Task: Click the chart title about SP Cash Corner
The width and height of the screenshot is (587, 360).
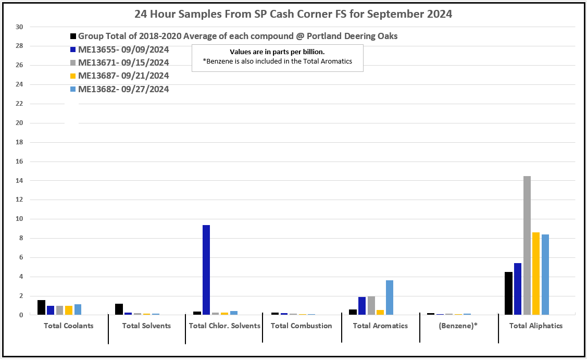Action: (x=293, y=14)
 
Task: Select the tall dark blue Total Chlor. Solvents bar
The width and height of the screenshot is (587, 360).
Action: (x=206, y=270)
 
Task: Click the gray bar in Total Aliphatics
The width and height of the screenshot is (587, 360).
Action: (x=527, y=245)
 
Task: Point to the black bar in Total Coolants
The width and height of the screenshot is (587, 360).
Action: (x=41, y=307)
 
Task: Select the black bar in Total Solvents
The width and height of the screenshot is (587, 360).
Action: (x=119, y=309)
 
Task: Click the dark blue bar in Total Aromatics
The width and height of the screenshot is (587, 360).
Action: (x=362, y=306)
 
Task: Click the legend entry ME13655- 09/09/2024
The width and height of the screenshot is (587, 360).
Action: (x=123, y=50)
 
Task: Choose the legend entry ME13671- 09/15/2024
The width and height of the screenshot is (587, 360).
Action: (x=123, y=63)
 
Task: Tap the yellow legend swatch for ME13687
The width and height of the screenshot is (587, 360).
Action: (x=73, y=76)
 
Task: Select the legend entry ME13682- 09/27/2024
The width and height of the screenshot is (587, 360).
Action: (x=123, y=89)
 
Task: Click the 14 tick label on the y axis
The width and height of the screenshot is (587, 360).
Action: (x=19, y=180)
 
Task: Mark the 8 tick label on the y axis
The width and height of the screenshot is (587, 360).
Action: (x=21, y=238)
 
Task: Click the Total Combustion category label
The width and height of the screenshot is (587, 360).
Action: (x=301, y=326)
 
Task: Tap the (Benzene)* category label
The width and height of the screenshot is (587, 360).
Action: (x=458, y=326)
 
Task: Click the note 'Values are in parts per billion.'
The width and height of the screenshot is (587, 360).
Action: (x=277, y=52)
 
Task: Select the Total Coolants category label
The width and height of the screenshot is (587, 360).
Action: (x=69, y=326)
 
